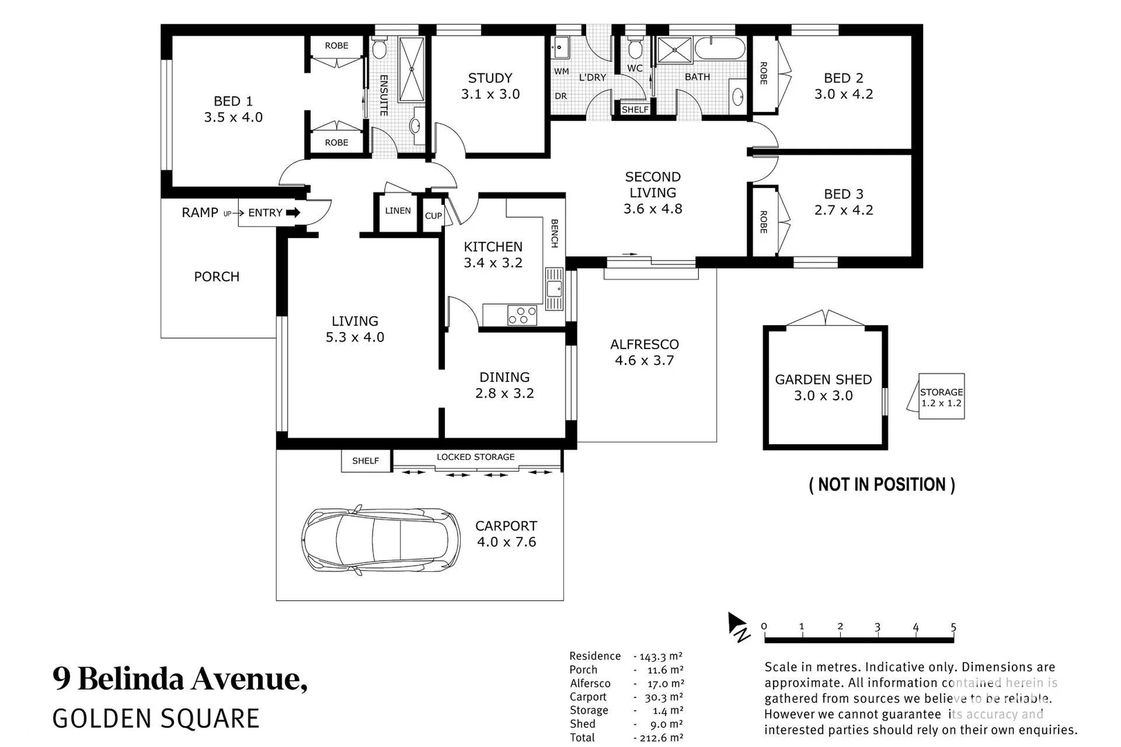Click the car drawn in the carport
tap(381, 539)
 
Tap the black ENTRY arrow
tap(293, 213)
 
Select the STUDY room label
tap(490, 78)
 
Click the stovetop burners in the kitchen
tap(522, 315)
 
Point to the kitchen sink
tap(554, 289)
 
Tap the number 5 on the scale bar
tap(953, 627)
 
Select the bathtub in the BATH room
tap(720, 50)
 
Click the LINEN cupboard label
tap(398, 211)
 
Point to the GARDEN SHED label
tap(823, 380)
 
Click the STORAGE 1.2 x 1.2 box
tap(941, 397)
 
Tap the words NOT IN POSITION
tap(882, 485)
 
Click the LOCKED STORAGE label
tap(475, 457)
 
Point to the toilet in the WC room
tap(635, 49)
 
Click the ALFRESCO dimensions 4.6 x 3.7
tap(644, 360)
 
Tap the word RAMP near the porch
tap(199, 213)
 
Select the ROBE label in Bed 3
tap(763, 221)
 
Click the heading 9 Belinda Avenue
tap(180, 679)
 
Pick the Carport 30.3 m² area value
tap(665, 697)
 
